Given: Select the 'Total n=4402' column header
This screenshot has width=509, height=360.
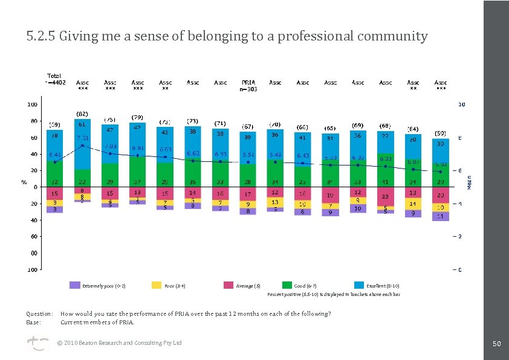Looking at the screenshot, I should tap(55, 79).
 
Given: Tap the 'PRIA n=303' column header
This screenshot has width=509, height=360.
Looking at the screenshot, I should tap(248, 85).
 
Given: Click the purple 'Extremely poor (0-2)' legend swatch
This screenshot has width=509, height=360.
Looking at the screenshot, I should tap(75, 285).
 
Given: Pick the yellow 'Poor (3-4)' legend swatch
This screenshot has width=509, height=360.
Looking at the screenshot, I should tap(156, 285).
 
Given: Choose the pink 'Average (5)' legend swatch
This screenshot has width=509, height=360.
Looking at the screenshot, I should tap(229, 285).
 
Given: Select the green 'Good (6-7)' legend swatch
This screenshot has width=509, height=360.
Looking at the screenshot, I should tap(288, 285).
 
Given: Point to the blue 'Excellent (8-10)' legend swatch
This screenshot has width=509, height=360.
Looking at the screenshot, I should tap(360, 285).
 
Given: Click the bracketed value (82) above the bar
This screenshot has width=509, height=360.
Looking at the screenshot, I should tap(82, 114).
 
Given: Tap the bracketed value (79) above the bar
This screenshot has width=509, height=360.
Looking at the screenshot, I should tap(138, 117).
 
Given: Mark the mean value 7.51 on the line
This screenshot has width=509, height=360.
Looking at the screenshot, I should tap(83, 138).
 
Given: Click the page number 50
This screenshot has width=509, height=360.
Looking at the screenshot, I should tap(496, 343).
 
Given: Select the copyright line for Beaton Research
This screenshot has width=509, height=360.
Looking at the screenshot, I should tap(119, 343).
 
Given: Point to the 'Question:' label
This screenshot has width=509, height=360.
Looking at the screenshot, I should tap(39, 314).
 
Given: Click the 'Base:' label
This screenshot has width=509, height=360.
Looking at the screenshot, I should tap(33, 322).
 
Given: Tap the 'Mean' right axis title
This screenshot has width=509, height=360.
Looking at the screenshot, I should tap(470, 182).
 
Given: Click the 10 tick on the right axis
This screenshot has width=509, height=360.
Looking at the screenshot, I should tap(461, 104).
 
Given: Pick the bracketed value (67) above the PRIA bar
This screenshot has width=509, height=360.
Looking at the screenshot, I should tap(248, 126).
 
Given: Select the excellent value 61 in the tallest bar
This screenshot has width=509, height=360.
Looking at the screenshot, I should tap(82, 124).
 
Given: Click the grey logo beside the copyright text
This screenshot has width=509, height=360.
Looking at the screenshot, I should tap(36, 344).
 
